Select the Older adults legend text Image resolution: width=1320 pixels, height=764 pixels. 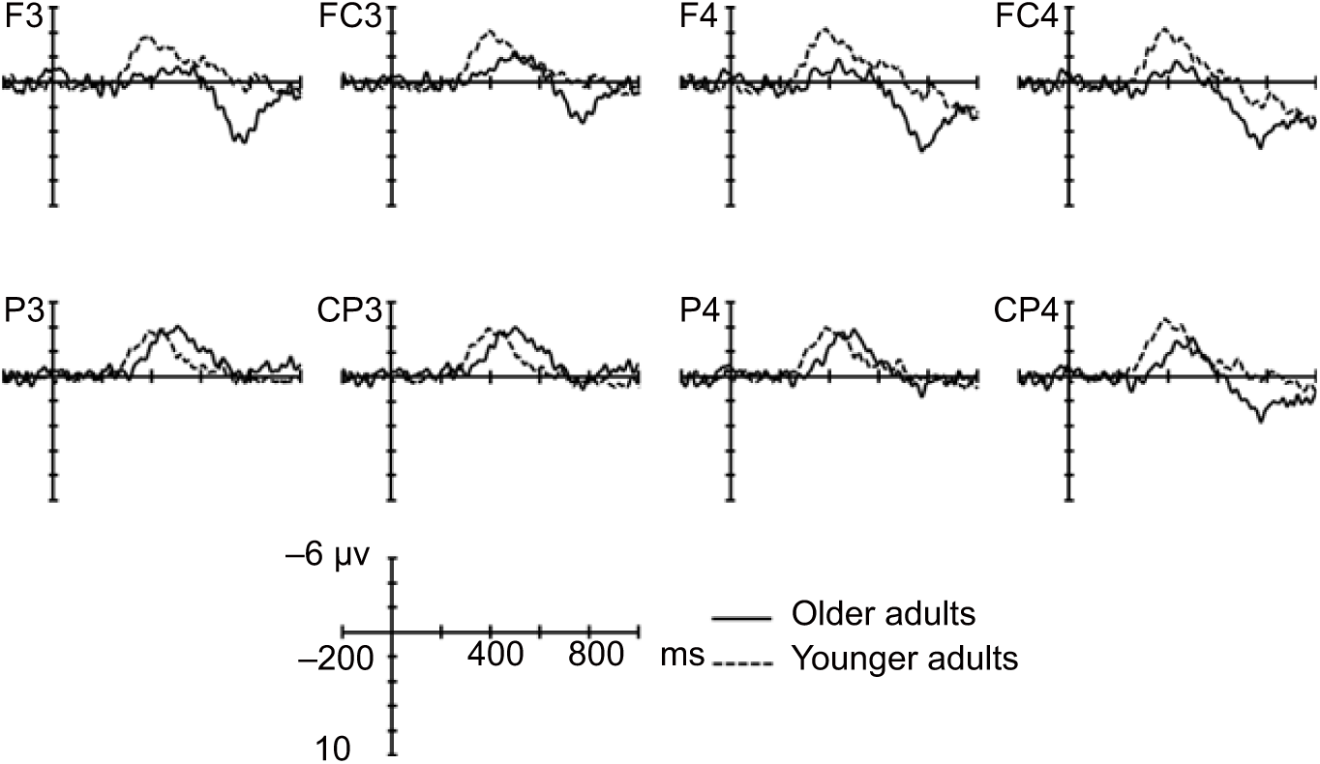click(x=882, y=614)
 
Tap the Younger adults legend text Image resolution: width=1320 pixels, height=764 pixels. click(x=905, y=660)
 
